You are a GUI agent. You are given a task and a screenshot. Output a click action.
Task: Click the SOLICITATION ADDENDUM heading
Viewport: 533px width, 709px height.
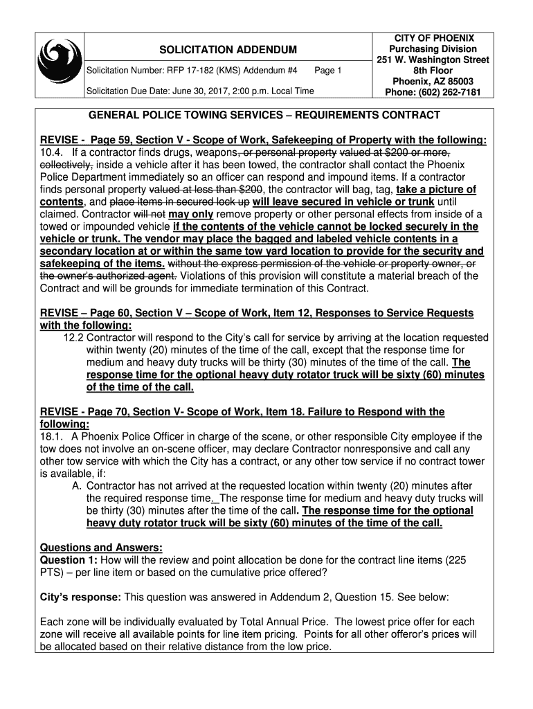pyautogui.click(x=219, y=50)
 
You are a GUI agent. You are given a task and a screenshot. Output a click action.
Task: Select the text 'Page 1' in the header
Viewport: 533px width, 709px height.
pyautogui.click(x=327, y=71)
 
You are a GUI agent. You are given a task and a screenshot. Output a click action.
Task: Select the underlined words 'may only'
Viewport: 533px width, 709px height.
pyautogui.click(x=190, y=215)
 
